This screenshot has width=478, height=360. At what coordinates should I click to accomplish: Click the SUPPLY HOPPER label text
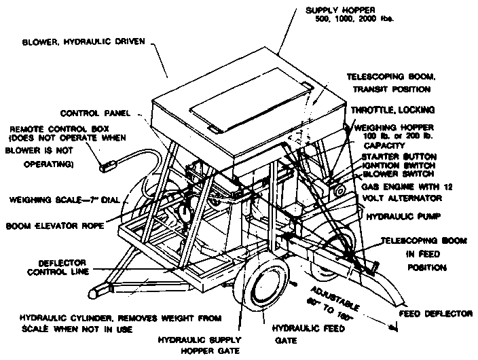click(x=356, y=10)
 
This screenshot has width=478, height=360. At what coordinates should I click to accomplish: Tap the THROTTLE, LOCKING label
click(x=397, y=110)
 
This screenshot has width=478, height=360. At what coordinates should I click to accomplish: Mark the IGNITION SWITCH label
click(x=396, y=165)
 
